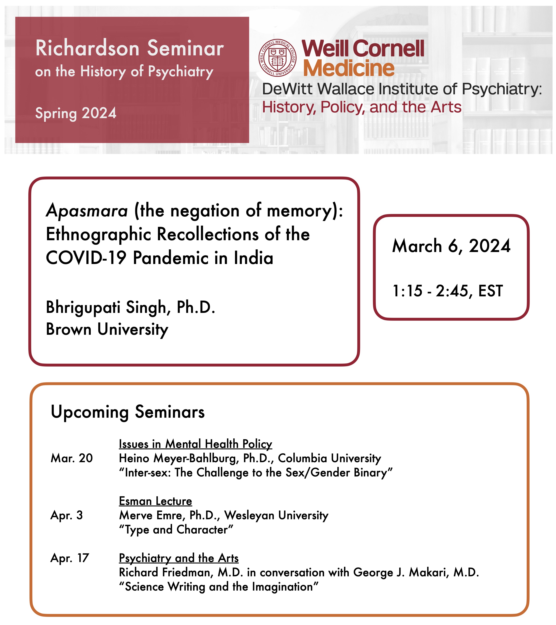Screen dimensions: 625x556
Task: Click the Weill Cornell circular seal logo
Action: tap(277, 58)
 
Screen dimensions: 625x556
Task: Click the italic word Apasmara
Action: tap(87, 211)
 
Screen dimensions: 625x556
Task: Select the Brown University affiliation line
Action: tap(107, 330)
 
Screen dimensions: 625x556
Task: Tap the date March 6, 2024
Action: tap(451, 246)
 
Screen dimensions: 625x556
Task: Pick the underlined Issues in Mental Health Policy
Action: tap(195, 444)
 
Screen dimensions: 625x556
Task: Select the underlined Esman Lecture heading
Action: tap(155, 501)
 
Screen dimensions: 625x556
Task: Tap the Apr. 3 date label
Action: tap(67, 515)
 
